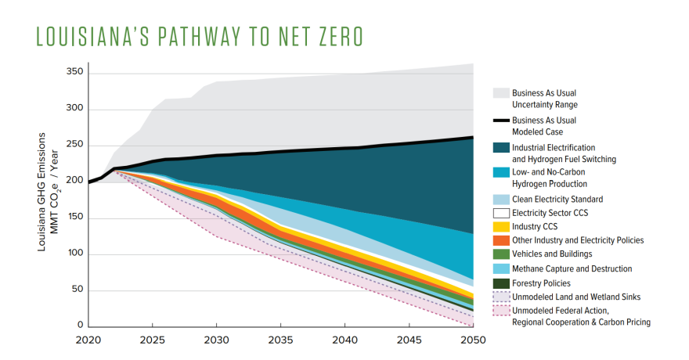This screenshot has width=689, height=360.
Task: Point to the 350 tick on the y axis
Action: click(x=75, y=73)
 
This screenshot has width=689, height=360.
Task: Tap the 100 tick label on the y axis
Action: click(x=75, y=254)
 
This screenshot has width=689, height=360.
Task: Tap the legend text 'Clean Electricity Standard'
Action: click(x=557, y=200)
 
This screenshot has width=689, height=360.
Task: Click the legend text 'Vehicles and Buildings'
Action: click(x=552, y=254)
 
